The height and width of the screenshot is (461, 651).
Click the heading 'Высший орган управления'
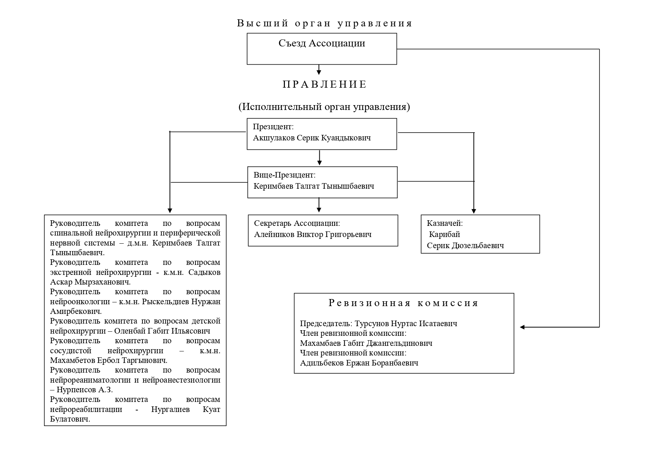[325, 23]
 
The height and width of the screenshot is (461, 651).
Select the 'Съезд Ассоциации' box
[322, 49]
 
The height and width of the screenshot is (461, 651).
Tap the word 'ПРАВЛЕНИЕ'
[325, 84]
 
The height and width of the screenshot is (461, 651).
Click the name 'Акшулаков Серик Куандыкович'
[312, 138]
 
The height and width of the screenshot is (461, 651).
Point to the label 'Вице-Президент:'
[285, 175]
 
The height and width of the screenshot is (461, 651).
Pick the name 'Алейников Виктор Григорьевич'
[313, 234]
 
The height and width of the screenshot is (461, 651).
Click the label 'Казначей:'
[445, 223]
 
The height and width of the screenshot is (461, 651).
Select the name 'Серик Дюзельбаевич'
[465, 246]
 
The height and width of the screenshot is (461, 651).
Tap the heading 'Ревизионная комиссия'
[404, 303]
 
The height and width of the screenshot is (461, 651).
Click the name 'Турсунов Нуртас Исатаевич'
[406, 324]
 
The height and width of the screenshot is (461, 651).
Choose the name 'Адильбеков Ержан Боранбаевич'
[359, 363]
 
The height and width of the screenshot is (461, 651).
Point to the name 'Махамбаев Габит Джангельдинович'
[366, 343]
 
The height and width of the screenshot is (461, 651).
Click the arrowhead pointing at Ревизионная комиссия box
[522, 327]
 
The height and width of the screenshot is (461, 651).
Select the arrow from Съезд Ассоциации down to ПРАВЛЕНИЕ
[319, 69]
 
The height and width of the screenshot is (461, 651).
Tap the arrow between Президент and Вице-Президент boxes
[319, 158]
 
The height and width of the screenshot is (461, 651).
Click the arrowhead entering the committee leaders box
[170, 211]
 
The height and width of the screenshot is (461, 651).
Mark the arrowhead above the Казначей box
[473, 211]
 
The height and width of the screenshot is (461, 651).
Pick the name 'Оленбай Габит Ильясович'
[162, 331]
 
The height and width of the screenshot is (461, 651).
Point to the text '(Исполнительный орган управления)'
[324, 107]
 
